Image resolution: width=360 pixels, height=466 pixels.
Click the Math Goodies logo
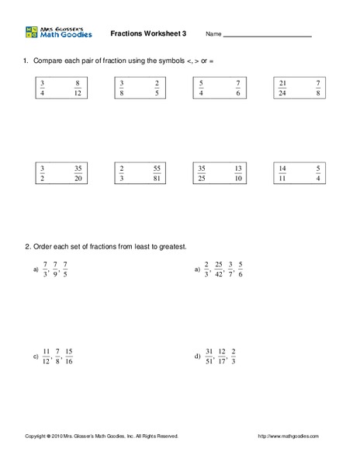click(x=59, y=33)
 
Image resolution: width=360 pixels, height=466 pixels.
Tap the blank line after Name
click(x=268, y=36)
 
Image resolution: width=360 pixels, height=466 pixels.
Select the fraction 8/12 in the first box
click(x=78, y=88)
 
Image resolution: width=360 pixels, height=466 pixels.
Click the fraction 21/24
click(x=283, y=88)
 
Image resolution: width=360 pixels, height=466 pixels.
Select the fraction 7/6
click(x=237, y=88)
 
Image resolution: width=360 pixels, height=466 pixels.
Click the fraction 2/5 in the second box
click(x=157, y=88)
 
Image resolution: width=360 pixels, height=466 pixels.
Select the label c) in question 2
click(x=36, y=356)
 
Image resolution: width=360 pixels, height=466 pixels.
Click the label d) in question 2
click(x=197, y=356)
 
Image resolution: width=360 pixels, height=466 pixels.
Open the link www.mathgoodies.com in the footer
click(x=288, y=436)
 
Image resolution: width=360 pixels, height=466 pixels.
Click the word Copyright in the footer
click(x=38, y=436)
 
